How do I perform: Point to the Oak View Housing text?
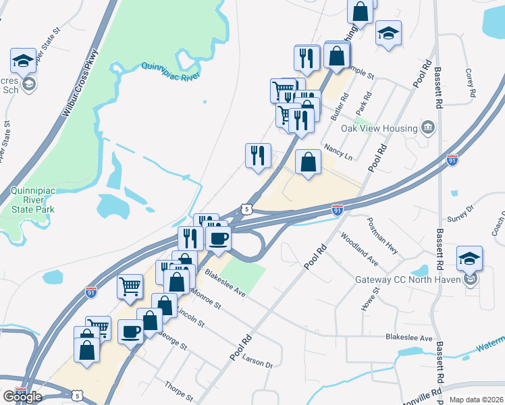point(378,128)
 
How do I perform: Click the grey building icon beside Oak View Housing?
point(427,127)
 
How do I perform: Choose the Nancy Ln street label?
point(338,151)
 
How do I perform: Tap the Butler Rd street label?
point(338,107)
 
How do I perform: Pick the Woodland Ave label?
point(358,248)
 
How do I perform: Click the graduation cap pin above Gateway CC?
point(469,259)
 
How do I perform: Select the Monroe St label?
point(205,300)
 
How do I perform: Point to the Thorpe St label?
point(179,389)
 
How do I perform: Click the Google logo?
point(22,397)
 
